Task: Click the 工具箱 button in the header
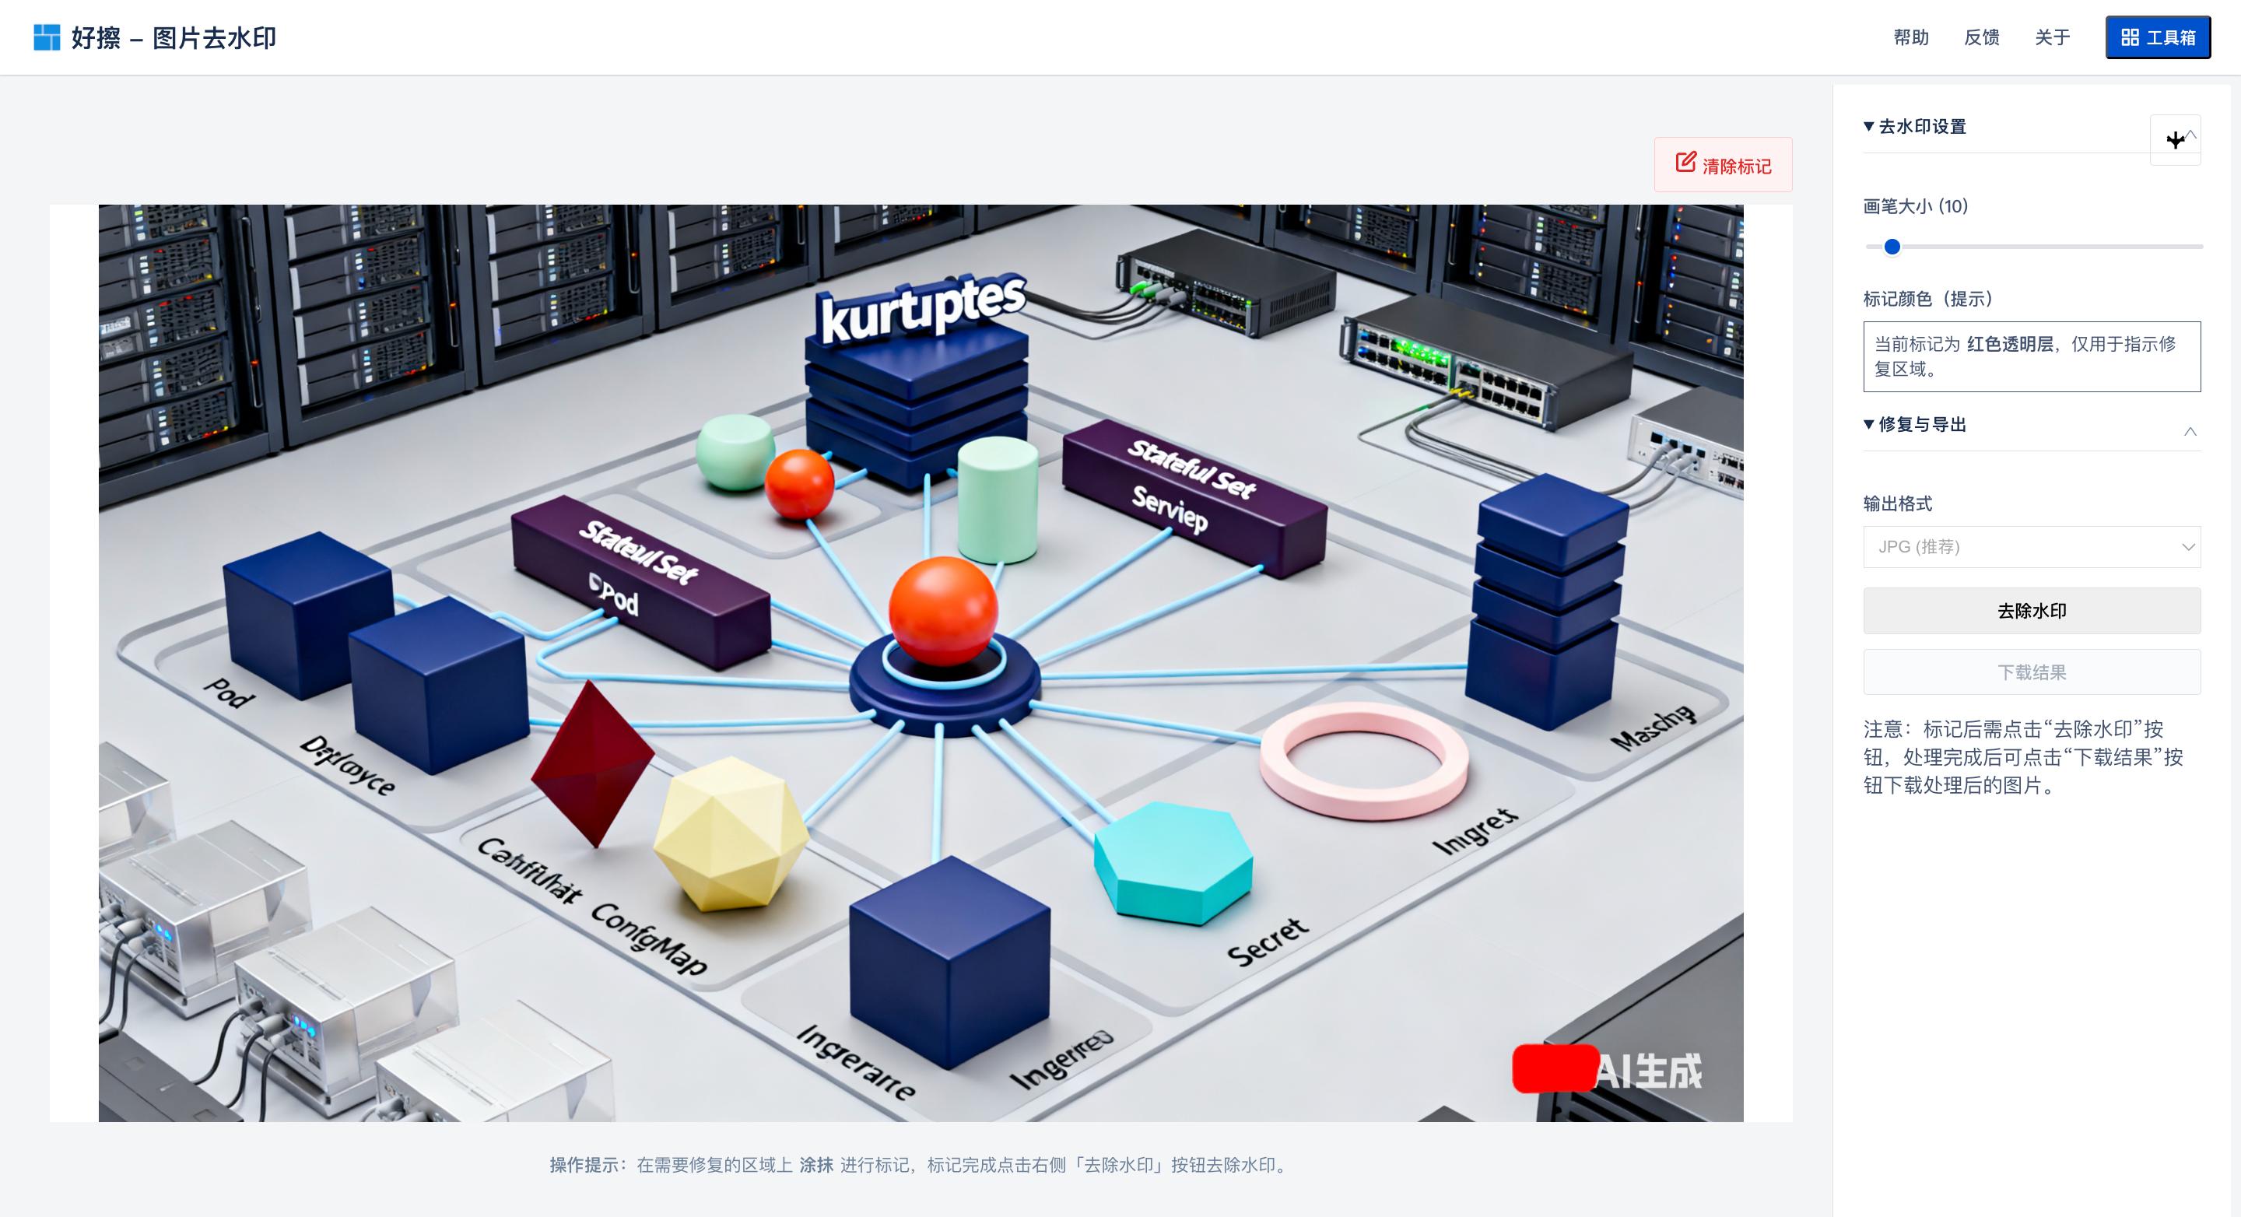(x=2158, y=37)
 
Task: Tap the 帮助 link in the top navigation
(x=1910, y=37)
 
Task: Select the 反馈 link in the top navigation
(x=1981, y=37)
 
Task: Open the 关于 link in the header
(x=2051, y=37)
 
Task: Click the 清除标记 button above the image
(x=1723, y=164)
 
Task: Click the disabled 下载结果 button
(x=2032, y=672)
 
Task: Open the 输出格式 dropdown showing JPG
(x=2032, y=546)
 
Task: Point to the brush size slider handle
(x=1892, y=247)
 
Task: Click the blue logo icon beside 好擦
(x=46, y=37)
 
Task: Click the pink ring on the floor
(x=1363, y=760)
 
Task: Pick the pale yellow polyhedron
(x=729, y=835)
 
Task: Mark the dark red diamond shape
(x=592, y=762)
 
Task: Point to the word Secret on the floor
(x=1267, y=942)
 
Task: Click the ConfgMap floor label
(x=649, y=939)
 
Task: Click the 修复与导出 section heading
(x=1922, y=425)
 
